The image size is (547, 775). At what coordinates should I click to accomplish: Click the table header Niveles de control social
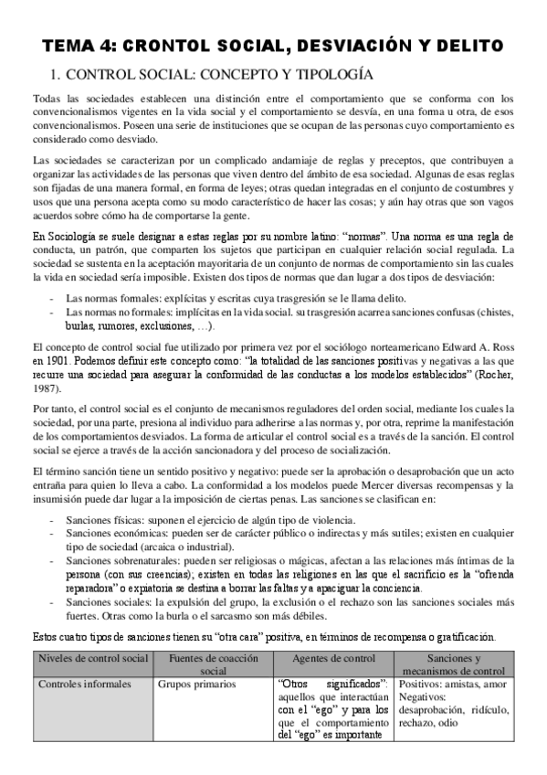pos(90,659)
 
